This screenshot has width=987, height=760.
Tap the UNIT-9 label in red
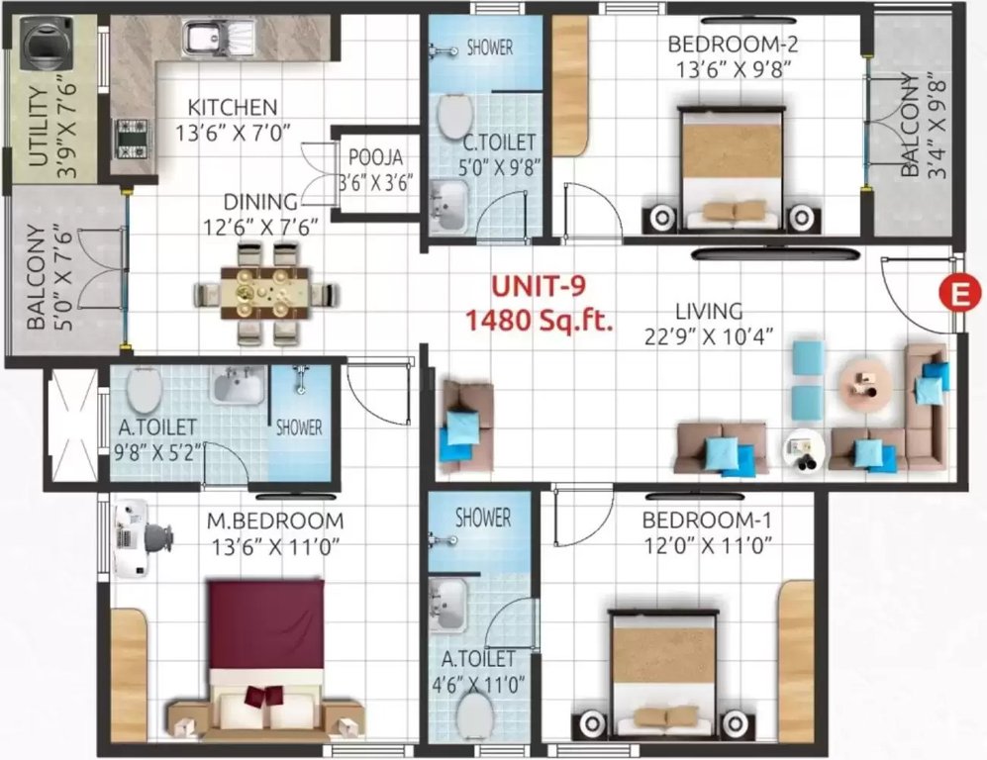[x=540, y=287]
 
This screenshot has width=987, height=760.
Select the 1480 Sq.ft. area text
[x=540, y=319]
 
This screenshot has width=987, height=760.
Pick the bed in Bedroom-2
[x=733, y=163]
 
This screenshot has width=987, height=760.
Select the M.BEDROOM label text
[x=275, y=521]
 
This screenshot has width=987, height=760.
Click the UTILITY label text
[x=39, y=130]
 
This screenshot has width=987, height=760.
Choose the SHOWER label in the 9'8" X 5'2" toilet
[x=298, y=427]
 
